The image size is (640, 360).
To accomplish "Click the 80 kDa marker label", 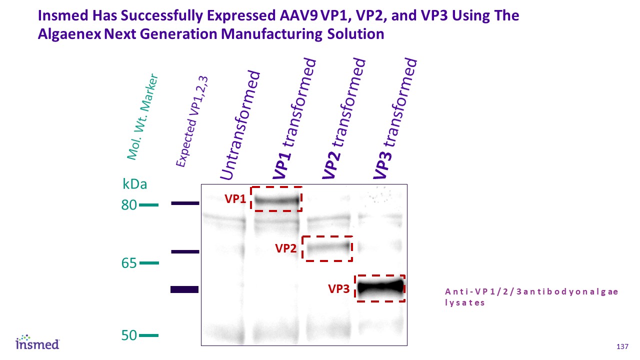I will (129, 204).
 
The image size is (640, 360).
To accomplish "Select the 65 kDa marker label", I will (129, 263).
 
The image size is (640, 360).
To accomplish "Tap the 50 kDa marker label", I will (129, 335).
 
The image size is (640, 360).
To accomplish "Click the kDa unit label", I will (135, 184).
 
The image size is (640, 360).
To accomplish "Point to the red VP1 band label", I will (235, 199).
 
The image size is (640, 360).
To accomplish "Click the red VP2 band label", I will (286, 248).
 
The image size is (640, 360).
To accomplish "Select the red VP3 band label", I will (338, 288).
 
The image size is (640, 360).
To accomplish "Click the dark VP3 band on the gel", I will (380, 287).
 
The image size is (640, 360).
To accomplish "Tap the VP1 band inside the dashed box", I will (276, 200).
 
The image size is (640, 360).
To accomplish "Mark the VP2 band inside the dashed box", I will (327, 247).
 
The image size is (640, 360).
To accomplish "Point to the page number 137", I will (622, 347).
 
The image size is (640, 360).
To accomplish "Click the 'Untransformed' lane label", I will (241, 125).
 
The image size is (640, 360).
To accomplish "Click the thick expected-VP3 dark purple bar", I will (184, 289).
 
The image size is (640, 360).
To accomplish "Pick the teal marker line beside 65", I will (148, 263).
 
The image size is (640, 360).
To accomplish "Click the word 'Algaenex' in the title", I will (69, 34).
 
